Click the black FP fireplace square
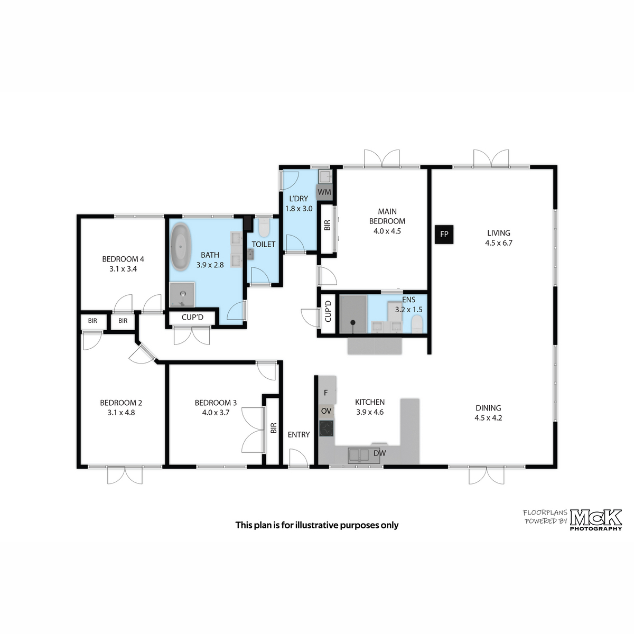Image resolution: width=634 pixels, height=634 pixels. coord(444,234)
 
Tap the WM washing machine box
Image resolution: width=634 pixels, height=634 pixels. coord(324,192)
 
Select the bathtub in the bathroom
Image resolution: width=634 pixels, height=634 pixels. coord(181,247)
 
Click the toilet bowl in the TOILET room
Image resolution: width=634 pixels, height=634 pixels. coord(264,228)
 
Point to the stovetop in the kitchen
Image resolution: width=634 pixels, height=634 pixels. coord(327,428)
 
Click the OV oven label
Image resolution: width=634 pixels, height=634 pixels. coord(326,411)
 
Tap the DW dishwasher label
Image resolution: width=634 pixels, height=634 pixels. coord(379,453)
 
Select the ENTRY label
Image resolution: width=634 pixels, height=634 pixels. coord(299,435)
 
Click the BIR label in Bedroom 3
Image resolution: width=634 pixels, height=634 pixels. coord(274,428)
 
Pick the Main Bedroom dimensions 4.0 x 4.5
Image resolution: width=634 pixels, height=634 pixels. coord(387,231)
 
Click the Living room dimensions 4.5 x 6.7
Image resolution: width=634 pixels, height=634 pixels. coord(499,243)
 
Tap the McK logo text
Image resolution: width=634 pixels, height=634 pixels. coord(596,518)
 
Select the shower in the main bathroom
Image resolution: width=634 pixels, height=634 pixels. coord(182,294)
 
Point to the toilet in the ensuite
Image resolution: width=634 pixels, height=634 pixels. coord(417,324)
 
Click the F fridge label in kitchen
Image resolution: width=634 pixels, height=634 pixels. coord(326,393)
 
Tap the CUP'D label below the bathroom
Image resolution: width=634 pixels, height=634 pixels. coord(192,317)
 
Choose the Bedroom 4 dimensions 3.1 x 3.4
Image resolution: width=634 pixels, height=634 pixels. coord(123,269)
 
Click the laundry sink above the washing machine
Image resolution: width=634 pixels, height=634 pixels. coord(325,176)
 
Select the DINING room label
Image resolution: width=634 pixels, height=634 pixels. coord(488,408)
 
